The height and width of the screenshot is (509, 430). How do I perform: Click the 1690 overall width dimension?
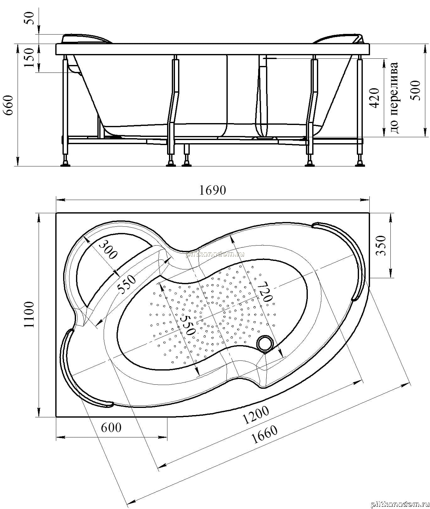(213, 190)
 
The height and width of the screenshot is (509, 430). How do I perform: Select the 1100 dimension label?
(29, 315)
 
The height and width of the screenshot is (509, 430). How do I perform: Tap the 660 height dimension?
(8, 105)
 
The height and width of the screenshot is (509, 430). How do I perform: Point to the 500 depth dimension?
(415, 90)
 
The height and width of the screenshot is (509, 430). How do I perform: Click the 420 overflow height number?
(375, 98)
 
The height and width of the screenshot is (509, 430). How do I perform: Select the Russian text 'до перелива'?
(394, 97)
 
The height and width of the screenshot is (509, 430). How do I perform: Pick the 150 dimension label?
(29, 57)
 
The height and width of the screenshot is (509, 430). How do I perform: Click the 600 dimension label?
(111, 427)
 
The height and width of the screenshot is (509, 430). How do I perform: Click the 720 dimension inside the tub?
(263, 291)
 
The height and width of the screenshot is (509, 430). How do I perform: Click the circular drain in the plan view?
(264, 344)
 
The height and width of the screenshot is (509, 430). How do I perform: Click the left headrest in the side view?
(87, 38)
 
